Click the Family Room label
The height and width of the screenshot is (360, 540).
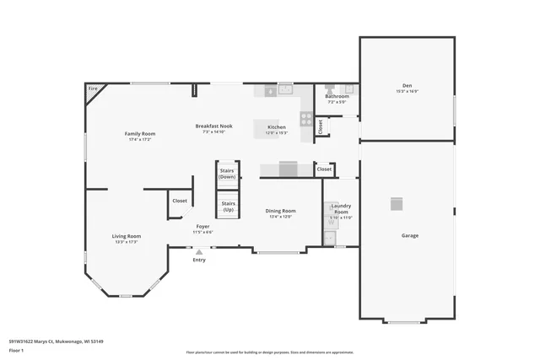click(140, 133)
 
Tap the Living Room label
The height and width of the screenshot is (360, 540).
click(127, 236)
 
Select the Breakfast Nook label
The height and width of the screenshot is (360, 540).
click(213, 126)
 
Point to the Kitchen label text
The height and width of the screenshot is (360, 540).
click(277, 126)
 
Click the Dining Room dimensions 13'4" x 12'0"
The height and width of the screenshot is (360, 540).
click(280, 217)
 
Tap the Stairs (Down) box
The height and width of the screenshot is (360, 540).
click(227, 174)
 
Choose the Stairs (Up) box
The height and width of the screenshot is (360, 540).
click(228, 206)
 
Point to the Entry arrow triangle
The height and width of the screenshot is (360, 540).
click(199, 251)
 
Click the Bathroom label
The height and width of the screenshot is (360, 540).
click(337, 96)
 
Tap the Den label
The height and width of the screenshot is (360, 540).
click(407, 86)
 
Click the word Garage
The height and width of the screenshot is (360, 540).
click(409, 235)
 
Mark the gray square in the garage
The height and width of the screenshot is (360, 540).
click(397, 203)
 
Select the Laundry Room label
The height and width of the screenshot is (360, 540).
click(341, 207)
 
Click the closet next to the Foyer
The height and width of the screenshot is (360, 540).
click(180, 201)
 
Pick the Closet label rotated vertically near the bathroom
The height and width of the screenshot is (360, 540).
click(321, 127)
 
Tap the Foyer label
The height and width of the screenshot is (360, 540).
click(202, 226)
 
